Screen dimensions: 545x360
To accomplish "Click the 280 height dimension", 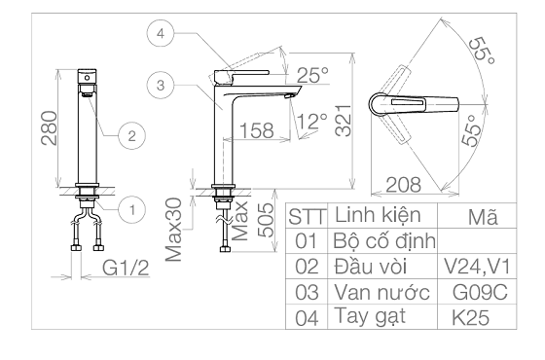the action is coord(49,127).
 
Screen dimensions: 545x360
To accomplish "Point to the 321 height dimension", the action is coord(344,121).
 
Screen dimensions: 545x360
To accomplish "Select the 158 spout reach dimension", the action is coord(257,130).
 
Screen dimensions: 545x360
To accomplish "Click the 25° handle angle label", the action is coord(312,75).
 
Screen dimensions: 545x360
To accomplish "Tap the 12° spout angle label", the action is coord(312,122).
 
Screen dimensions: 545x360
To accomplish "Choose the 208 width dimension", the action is coord(403,185).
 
